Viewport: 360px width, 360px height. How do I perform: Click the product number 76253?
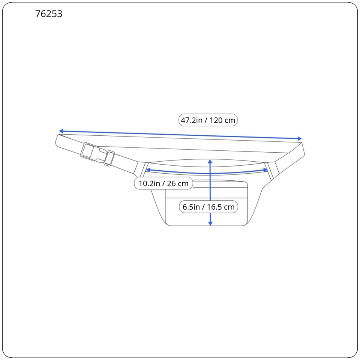(x=49, y=14)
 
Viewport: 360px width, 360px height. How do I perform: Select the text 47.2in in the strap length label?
(x=192, y=120)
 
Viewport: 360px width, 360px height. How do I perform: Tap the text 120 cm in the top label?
(x=222, y=120)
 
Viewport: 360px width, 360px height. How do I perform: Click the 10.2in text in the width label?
(x=150, y=184)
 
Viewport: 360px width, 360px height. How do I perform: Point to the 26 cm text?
(x=178, y=184)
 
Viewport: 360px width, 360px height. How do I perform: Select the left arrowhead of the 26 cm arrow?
(x=148, y=170)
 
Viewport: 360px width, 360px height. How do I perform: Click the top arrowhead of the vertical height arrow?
(x=210, y=162)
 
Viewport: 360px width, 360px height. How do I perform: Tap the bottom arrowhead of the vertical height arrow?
(x=210, y=223)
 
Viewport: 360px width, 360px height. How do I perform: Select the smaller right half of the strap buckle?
(x=109, y=158)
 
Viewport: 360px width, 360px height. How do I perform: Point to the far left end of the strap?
(x=58, y=141)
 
